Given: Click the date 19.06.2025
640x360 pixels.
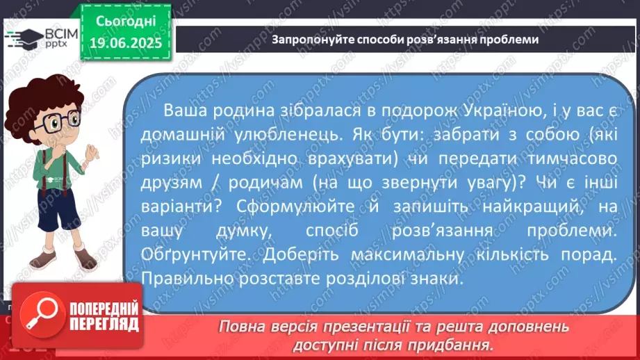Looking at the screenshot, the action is (126, 42).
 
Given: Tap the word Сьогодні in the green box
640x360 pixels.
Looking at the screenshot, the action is (126, 21).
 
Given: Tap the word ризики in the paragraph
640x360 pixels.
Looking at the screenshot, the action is (171, 158).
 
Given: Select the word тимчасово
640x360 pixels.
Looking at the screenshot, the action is (572, 158).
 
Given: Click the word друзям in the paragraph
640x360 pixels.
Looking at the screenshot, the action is (172, 183).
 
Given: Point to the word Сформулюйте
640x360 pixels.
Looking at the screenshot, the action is (295, 206).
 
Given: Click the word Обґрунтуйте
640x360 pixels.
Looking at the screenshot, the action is (195, 254).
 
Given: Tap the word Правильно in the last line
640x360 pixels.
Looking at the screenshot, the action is (188, 279).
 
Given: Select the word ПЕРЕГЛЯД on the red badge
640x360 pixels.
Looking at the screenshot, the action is (104, 325).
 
